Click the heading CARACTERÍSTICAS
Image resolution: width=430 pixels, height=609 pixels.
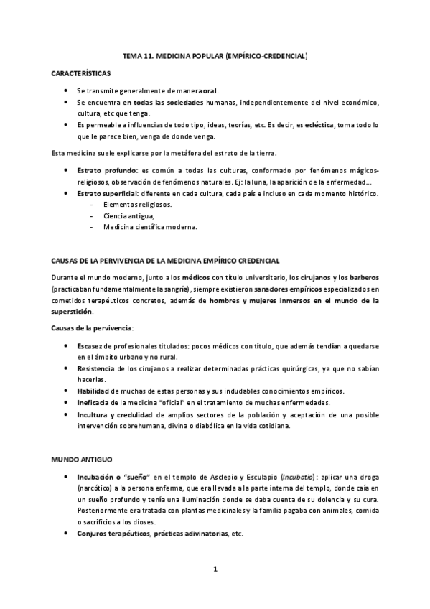point(80,73)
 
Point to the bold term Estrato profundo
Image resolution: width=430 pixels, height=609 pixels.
point(107,170)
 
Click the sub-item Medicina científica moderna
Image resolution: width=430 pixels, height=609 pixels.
point(150,227)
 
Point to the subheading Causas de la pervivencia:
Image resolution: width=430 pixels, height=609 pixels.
point(92,327)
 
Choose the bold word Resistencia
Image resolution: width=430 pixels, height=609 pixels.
point(97,368)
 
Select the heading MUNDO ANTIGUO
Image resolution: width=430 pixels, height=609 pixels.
point(81,458)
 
